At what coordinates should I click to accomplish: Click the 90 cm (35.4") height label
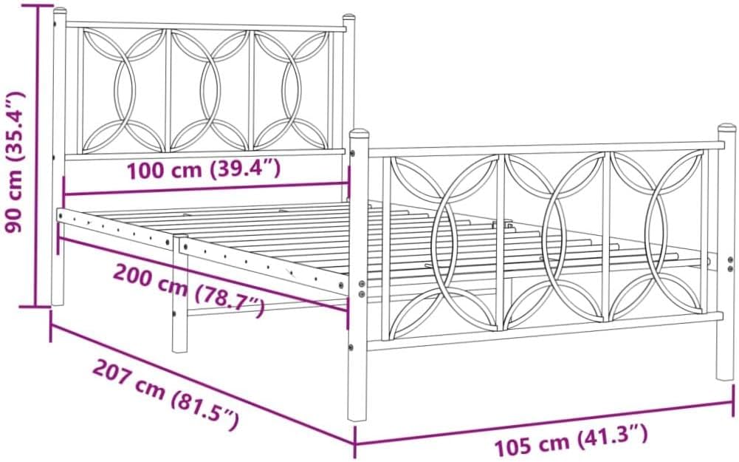(15, 161)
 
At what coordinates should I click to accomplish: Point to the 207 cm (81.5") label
(165, 396)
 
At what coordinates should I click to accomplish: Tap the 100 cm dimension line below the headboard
(207, 188)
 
